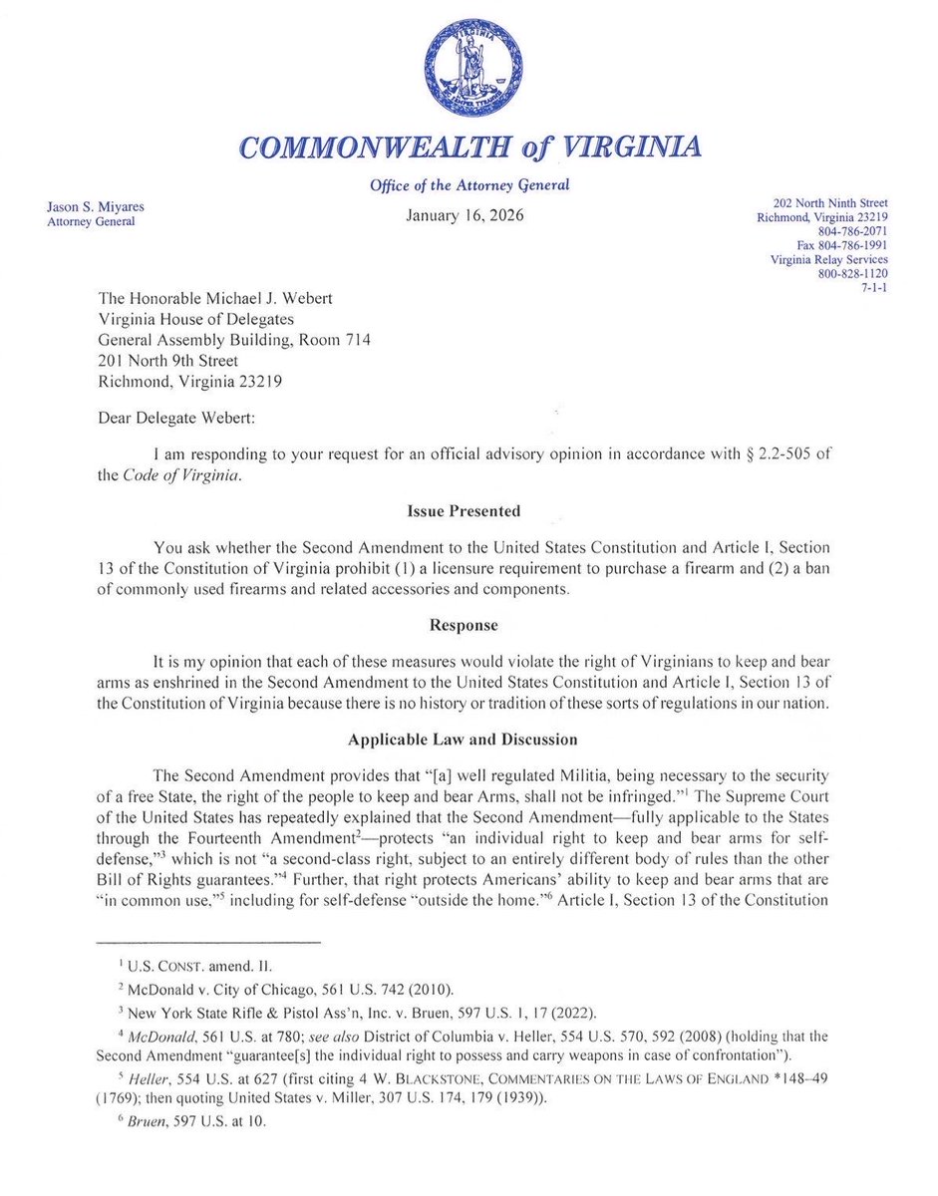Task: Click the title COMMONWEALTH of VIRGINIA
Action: tap(469, 148)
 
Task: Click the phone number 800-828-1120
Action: tap(852, 273)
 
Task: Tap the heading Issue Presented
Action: tap(464, 511)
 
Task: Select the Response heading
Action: tap(464, 626)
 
